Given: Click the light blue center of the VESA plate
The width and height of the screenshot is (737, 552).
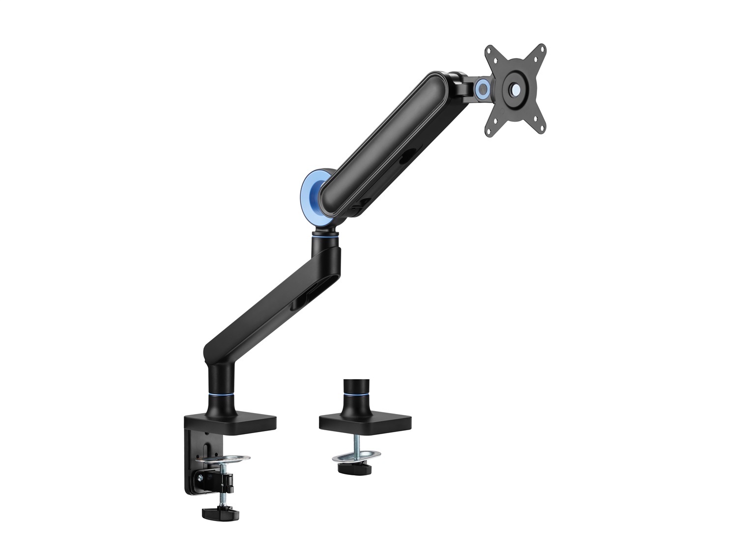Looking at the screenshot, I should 516,89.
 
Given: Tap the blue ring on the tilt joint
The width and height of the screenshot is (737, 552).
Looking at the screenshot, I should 482,88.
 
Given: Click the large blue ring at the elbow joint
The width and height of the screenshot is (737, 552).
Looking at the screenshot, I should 311,189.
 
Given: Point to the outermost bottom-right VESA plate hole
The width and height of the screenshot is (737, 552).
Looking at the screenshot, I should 541,129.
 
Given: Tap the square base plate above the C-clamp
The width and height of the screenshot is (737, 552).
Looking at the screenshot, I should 230,422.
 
